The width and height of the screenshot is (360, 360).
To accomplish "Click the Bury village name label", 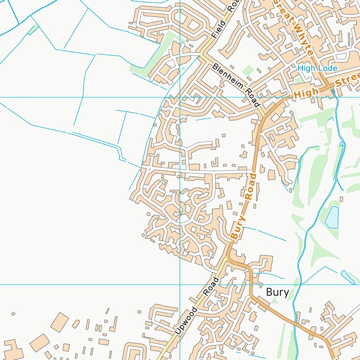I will [277, 292].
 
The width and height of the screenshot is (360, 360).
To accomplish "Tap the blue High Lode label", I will [317, 68].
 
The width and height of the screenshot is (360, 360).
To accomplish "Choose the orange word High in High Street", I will [306, 92].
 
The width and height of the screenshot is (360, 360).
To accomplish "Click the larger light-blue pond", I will [332, 217].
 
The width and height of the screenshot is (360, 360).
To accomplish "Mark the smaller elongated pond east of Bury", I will [348, 277].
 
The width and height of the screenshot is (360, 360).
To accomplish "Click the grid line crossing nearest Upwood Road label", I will [180, 285].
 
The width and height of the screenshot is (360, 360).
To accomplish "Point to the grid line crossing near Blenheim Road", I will [180, 97].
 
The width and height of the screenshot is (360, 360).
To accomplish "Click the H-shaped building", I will [99, 328].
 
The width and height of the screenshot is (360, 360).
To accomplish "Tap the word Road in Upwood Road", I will [211, 286].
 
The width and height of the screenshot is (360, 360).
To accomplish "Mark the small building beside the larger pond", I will [341, 199].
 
